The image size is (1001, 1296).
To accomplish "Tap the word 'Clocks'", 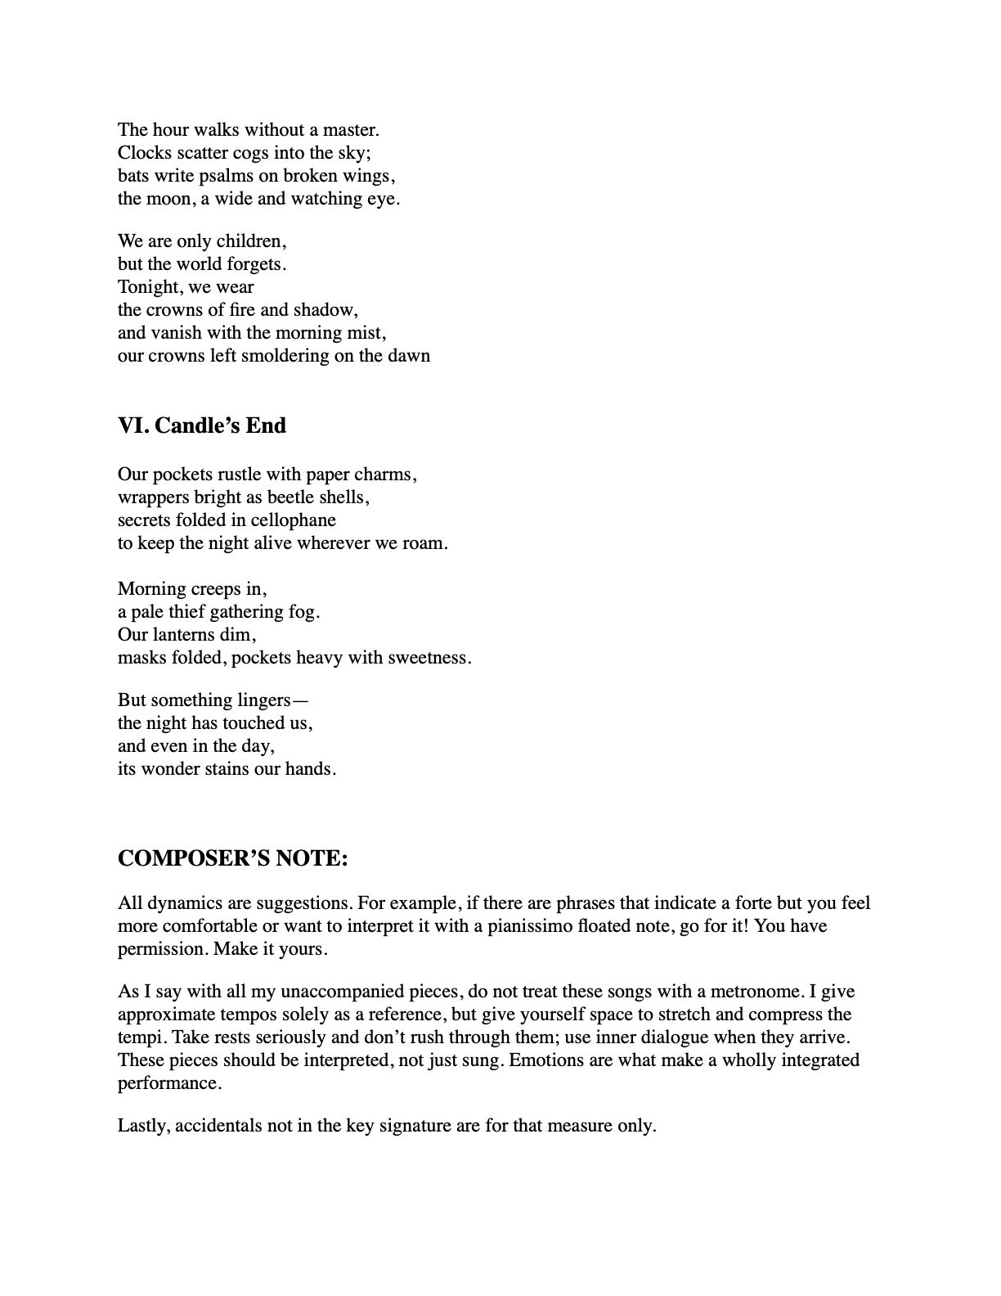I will pyautogui.click(x=144, y=152).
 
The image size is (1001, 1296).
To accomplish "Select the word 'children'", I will pyautogui.click(x=250, y=241).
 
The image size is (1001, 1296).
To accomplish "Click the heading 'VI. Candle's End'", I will pyautogui.click(x=202, y=425).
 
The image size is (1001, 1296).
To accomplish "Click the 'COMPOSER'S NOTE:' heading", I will pyautogui.click(x=233, y=858).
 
